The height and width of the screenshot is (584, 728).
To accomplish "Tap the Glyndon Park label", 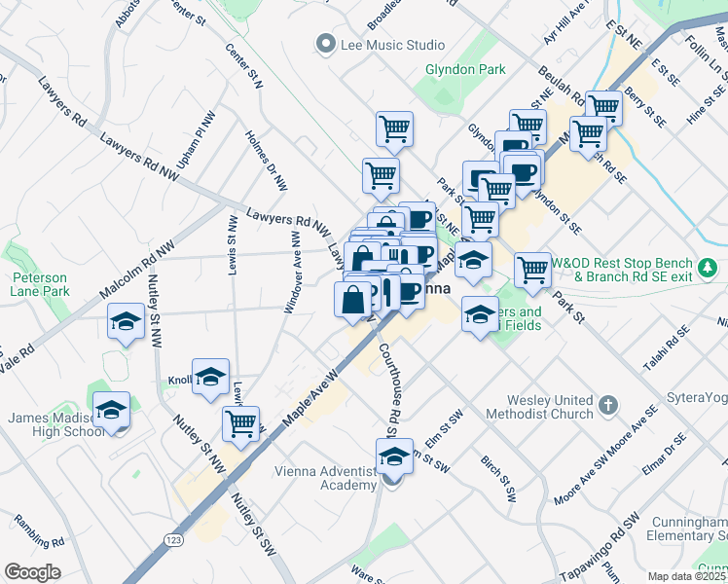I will point(464,69).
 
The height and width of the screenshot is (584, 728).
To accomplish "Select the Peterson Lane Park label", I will point(40,284).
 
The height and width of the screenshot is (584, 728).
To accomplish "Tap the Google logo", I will point(32,572).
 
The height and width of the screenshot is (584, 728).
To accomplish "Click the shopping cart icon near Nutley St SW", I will point(240,423).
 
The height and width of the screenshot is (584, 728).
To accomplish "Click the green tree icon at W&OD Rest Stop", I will point(709,265).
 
